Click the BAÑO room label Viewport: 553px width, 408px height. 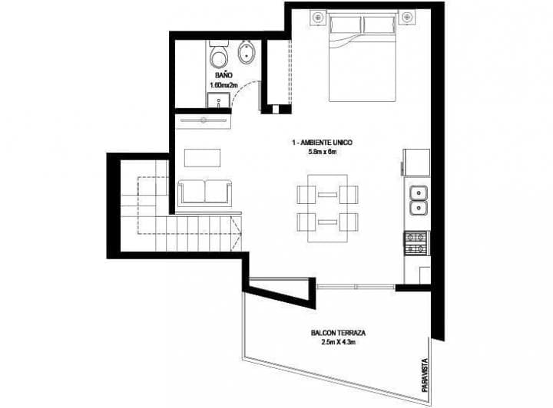[224, 77]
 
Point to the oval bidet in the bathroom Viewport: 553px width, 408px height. [247, 54]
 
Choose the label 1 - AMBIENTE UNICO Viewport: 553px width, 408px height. [322, 143]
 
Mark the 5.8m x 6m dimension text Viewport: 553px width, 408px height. [322, 153]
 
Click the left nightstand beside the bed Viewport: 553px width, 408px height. [319, 17]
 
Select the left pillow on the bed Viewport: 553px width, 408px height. [346, 25]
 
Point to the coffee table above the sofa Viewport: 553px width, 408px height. [203, 156]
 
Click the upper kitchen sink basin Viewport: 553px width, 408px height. [419, 192]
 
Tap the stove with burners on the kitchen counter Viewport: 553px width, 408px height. [418, 243]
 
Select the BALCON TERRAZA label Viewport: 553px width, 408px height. [337, 334]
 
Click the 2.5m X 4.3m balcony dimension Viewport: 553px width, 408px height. [336, 344]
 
